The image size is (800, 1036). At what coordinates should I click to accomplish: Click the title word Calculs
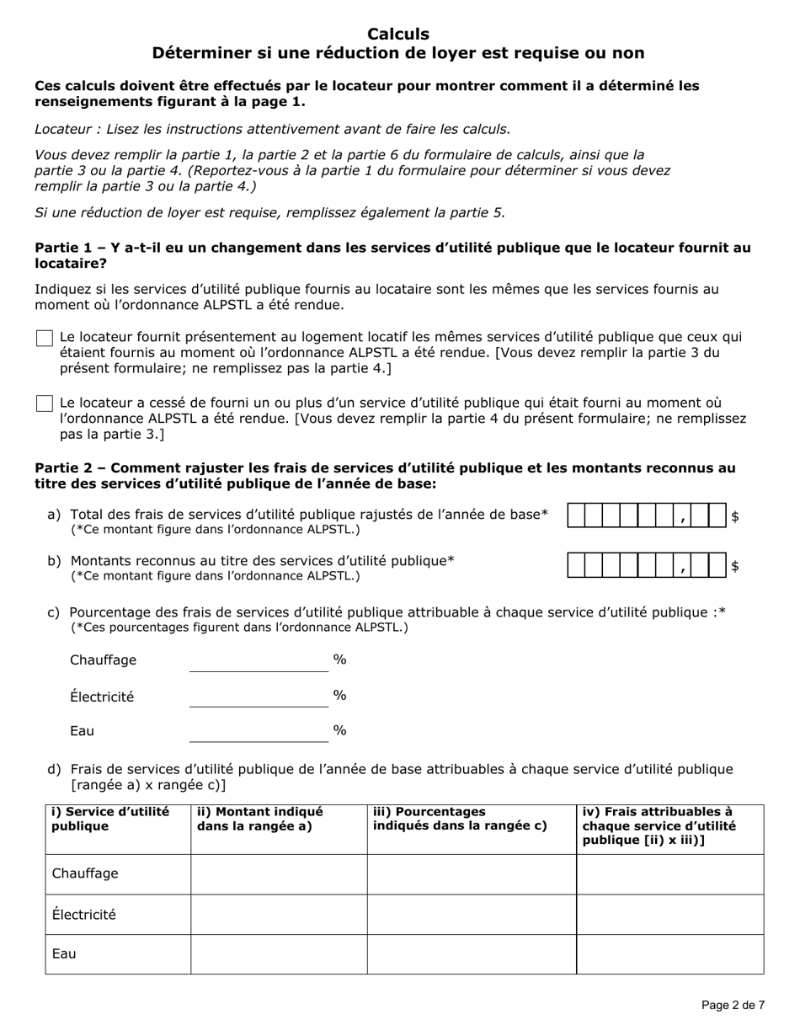(x=398, y=35)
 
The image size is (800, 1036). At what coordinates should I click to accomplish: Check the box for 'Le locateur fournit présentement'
(x=45, y=339)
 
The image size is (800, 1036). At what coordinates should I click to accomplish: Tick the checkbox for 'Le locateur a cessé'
(x=45, y=404)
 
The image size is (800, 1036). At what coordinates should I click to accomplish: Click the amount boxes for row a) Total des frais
(x=647, y=516)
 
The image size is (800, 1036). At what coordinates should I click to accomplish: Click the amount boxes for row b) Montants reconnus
(x=647, y=565)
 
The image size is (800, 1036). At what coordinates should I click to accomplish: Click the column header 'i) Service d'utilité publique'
(x=110, y=819)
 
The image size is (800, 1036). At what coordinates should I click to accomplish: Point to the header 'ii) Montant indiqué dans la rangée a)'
(x=259, y=819)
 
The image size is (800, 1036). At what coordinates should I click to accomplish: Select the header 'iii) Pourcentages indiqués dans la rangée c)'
(x=460, y=819)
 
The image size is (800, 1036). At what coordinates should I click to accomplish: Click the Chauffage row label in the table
(x=85, y=874)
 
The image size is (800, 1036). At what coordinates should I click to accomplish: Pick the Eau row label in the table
(x=64, y=954)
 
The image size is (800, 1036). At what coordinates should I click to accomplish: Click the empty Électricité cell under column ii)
(x=279, y=915)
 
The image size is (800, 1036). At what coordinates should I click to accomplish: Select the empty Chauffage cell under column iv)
(x=669, y=874)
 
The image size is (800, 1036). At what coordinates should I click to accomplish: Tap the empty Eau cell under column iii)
(x=472, y=954)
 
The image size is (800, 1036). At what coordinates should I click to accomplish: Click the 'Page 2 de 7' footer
(x=733, y=1005)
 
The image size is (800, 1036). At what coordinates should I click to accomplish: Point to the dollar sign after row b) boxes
(x=735, y=566)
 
